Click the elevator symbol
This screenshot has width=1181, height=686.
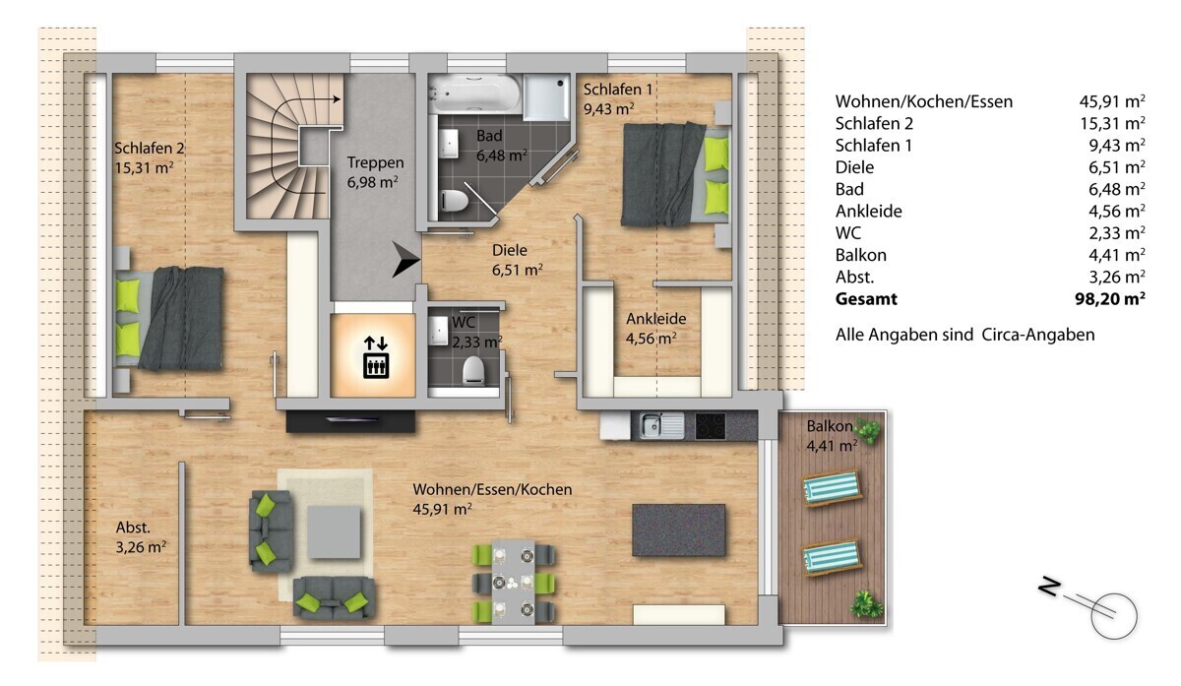[376, 358]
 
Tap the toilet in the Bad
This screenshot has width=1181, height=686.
[454, 201]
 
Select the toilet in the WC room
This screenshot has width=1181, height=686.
[473, 370]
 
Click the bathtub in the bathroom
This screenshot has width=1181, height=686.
[474, 94]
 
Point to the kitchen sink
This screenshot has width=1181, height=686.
[661, 425]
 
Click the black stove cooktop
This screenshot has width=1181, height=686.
[711, 426]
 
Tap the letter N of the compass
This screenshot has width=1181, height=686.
[1049, 588]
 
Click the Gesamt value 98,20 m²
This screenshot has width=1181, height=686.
[1110, 299]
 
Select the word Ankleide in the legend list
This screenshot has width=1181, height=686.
[868, 211]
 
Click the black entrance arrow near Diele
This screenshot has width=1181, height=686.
[404, 260]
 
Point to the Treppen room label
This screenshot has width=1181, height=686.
[375, 172]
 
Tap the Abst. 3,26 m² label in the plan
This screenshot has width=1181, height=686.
[141, 536]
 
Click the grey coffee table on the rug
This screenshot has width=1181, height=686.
[335, 531]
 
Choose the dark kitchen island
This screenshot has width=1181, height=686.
[678, 530]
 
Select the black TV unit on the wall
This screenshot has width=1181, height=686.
[350, 421]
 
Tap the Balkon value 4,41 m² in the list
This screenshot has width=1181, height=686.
[1117, 255]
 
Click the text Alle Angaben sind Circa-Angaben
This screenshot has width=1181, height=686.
[964, 335]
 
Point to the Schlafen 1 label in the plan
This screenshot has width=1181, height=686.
[618, 98]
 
